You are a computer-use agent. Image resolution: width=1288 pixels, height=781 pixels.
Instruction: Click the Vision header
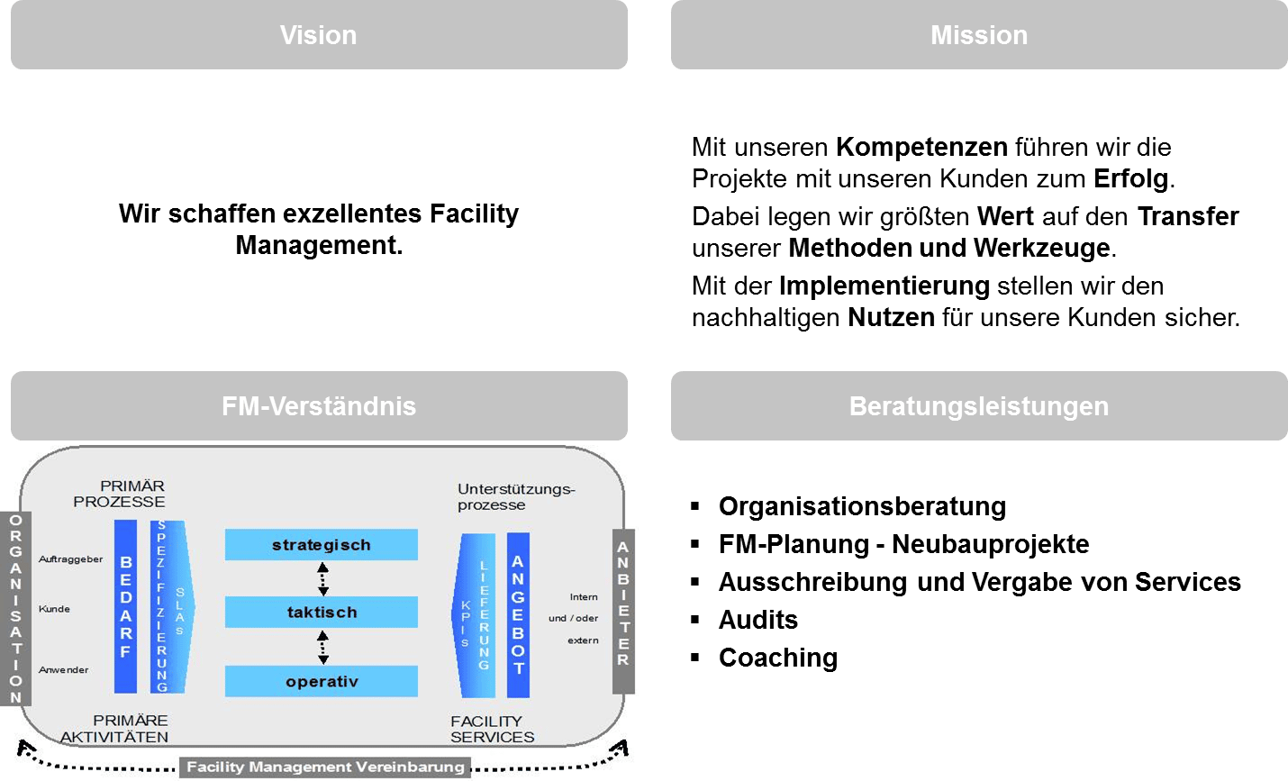(x=319, y=35)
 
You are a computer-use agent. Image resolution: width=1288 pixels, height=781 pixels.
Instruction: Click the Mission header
(x=979, y=35)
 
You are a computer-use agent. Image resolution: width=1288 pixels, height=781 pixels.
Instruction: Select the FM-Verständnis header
(x=319, y=406)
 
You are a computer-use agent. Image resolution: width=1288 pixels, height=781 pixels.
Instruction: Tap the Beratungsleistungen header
(x=979, y=406)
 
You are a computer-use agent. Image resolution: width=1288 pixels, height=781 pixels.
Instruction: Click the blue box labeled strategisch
(x=322, y=545)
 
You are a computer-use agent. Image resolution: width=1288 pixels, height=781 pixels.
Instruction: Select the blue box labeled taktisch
(x=322, y=613)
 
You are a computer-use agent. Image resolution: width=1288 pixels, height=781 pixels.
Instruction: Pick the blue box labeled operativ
(x=322, y=682)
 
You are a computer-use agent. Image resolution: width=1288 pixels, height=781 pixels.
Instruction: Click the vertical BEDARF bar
(x=126, y=607)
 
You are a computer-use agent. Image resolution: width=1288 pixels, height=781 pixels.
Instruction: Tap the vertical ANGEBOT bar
(x=518, y=614)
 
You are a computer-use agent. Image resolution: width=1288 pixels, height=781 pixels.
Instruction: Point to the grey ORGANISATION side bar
(x=16, y=609)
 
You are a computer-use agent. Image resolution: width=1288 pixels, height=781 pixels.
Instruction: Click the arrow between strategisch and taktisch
(x=322, y=578)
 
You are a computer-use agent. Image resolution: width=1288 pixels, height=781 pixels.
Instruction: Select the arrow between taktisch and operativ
(x=322, y=647)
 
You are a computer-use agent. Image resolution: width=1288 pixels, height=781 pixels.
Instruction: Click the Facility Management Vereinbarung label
(x=325, y=767)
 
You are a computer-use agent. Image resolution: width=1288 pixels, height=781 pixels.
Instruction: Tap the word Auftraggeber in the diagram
(x=71, y=559)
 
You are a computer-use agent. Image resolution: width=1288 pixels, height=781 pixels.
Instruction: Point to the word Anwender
(x=64, y=670)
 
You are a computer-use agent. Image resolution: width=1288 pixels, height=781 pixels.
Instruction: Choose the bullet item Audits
(x=758, y=620)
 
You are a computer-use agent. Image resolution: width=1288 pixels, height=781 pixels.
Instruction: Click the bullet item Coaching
(x=778, y=658)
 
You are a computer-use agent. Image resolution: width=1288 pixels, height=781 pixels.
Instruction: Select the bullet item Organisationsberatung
(x=862, y=506)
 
